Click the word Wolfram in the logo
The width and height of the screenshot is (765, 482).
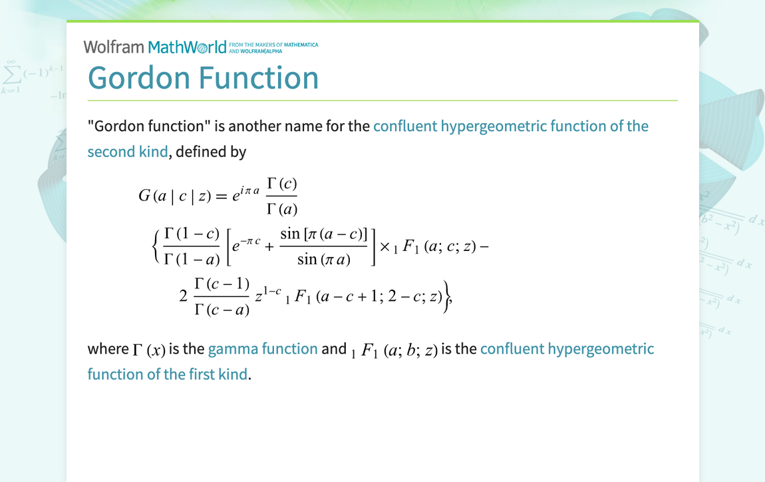click(114, 47)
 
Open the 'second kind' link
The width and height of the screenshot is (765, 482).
click(128, 152)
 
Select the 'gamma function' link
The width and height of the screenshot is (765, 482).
click(263, 349)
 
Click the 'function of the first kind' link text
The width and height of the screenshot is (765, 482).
click(168, 374)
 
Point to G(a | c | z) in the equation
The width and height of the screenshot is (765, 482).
click(175, 196)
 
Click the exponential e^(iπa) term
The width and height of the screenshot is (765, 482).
click(246, 193)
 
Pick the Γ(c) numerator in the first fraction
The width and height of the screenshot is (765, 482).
click(282, 184)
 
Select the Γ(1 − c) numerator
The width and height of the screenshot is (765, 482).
click(192, 234)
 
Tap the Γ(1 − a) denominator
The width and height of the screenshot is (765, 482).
click(192, 259)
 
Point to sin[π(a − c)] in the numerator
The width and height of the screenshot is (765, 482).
click(323, 234)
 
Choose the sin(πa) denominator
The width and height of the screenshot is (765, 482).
click(324, 259)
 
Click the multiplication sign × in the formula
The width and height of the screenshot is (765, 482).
click(384, 247)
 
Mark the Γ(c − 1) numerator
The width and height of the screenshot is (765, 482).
click(222, 284)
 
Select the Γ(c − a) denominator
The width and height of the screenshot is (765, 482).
click(222, 309)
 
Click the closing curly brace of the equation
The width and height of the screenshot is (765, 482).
click(446, 296)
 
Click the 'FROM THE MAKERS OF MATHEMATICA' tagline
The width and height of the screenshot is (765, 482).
click(273, 45)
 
